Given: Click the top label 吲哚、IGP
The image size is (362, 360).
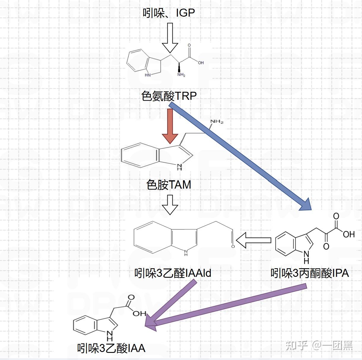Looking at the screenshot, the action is (x=169, y=13).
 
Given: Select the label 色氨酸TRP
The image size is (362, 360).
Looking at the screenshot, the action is (x=169, y=96).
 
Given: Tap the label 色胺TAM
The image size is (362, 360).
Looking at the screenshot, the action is (x=169, y=185).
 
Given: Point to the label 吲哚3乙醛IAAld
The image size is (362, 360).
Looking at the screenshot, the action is (x=172, y=273).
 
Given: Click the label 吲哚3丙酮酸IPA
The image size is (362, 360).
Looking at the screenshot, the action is (x=309, y=273).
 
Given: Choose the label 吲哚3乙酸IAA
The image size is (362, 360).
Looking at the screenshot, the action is (x=111, y=348).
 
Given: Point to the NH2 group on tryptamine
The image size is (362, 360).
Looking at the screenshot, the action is (x=217, y=121).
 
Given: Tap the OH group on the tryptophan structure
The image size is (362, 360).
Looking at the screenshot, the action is (x=201, y=63).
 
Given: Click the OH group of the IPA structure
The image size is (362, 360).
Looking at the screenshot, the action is (x=349, y=234).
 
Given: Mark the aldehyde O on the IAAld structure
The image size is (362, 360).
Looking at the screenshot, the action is (x=233, y=246).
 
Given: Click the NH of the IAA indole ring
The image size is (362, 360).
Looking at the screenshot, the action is (x=110, y=335).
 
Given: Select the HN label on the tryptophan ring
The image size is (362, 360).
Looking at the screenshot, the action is (x=147, y=75).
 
